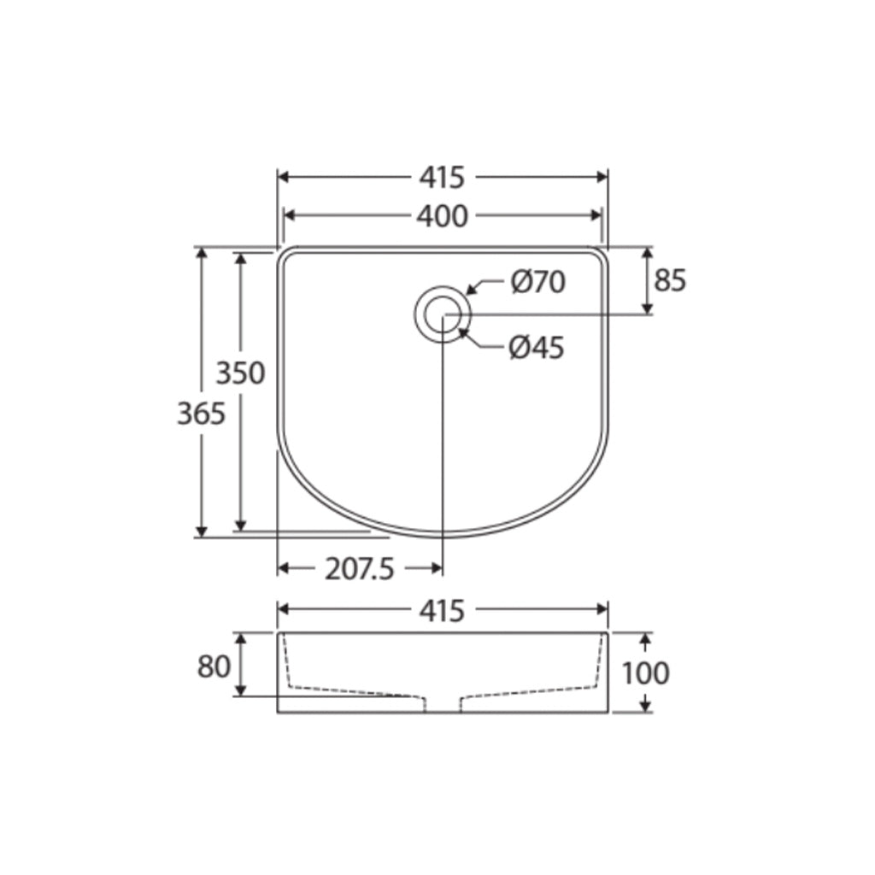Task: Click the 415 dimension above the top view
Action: [442, 177]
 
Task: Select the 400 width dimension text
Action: [442, 216]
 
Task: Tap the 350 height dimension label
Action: [240, 373]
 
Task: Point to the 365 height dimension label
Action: [202, 414]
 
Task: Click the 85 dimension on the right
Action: [670, 280]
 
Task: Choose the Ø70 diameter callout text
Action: [538, 282]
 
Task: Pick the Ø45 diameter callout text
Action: [537, 347]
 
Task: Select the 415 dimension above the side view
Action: [442, 610]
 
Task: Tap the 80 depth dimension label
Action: [214, 667]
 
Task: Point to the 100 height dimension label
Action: [645, 673]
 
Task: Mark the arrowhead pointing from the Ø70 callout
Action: [471, 291]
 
